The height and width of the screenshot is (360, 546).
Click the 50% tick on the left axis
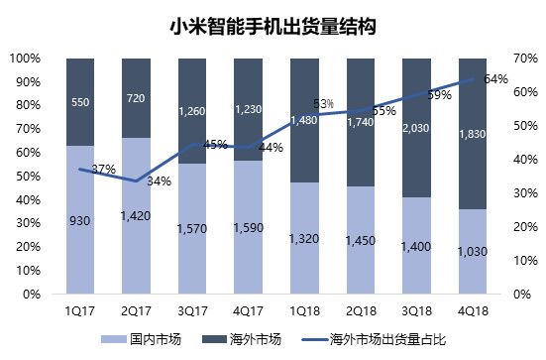click(x=27, y=176)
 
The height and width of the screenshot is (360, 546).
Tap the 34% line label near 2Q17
click(x=159, y=181)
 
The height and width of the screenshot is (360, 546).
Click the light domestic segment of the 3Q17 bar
click(x=193, y=228)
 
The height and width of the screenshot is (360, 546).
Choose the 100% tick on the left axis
click(x=24, y=58)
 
